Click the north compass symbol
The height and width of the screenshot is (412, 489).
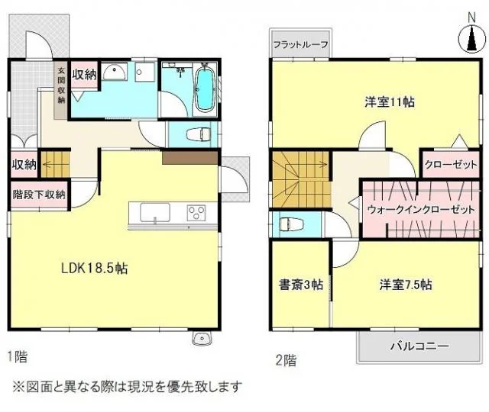point(472,39)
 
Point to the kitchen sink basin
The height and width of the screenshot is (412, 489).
point(155,212)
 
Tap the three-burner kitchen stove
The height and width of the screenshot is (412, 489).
point(196,213)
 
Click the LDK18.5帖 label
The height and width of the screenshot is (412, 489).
point(94,268)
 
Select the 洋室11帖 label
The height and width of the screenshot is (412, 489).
point(390,101)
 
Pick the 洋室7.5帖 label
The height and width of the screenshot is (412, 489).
point(406,285)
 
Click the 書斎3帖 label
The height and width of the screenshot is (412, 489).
point(300,285)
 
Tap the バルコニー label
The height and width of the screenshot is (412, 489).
point(419,346)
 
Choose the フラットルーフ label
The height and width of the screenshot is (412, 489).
point(300,44)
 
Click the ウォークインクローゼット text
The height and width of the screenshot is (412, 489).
point(421,209)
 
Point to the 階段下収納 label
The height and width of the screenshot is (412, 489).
point(39,195)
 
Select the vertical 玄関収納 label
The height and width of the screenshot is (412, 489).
point(61,85)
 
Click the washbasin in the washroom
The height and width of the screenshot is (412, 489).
point(115,72)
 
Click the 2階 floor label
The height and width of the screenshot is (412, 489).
point(286,360)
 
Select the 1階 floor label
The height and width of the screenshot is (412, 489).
point(17,356)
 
